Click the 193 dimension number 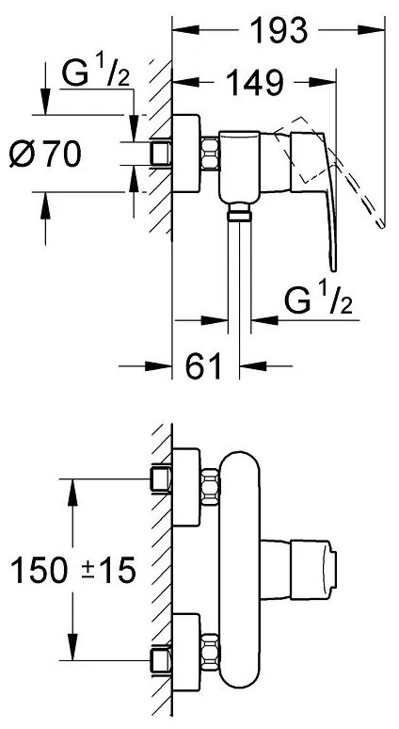pos(279,31)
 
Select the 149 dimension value pos(255,83)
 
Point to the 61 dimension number pos(203,366)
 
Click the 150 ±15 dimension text pos(73,570)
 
